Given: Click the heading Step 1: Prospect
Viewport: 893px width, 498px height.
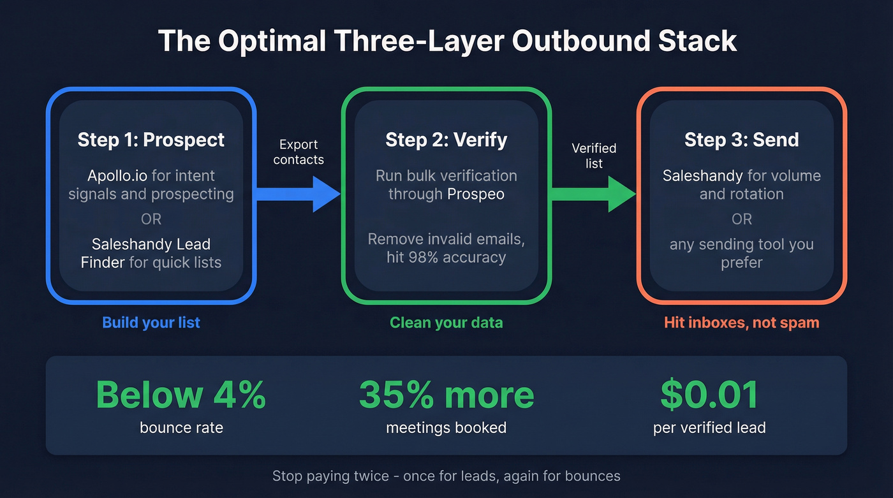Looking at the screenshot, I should click(151, 140).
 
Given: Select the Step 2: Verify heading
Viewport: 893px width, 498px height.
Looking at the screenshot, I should click(446, 140).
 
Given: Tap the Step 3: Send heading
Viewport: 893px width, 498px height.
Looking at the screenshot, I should click(741, 140).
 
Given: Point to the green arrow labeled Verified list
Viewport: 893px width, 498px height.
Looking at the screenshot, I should click(594, 194).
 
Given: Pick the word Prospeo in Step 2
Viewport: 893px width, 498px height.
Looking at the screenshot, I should click(476, 194).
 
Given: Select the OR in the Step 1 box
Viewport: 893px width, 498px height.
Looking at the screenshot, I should click(151, 219).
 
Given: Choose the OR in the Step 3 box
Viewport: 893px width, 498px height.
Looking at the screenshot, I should click(741, 219).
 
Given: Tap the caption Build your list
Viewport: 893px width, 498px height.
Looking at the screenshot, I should click(151, 323).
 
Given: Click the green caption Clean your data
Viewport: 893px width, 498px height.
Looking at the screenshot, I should click(446, 323).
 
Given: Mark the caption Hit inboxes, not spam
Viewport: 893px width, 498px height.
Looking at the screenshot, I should click(741, 323).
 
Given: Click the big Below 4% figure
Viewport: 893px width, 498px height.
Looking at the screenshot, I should click(181, 395).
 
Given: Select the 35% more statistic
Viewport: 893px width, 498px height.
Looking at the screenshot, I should click(446, 395).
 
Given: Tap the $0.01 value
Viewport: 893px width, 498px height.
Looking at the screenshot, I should click(709, 395).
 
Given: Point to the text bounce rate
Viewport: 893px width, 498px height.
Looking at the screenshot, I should click(181, 427).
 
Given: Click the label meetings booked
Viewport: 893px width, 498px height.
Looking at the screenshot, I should click(446, 427).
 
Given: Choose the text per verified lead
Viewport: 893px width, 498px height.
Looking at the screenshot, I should click(709, 427).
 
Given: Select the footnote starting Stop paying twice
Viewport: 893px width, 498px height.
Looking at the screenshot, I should click(446, 476).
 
